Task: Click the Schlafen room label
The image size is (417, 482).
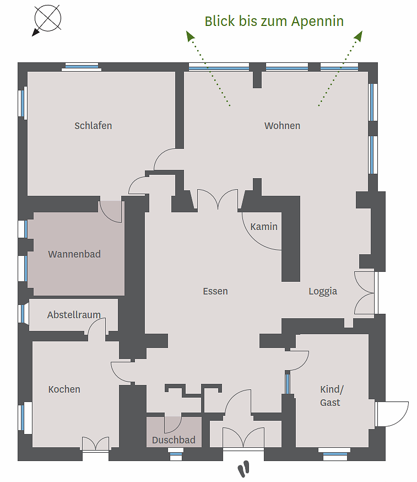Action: coord(93,126)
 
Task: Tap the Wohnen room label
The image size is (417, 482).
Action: coord(282,126)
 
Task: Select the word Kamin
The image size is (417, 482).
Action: coord(264,227)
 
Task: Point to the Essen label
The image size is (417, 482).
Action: coord(215,291)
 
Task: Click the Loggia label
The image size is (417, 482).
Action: coord(323,291)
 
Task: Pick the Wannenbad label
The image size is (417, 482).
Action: coord(74,254)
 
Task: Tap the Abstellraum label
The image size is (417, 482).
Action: coord(74,315)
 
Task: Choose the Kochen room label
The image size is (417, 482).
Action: coord(64,389)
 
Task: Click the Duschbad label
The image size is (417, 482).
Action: coord(174,440)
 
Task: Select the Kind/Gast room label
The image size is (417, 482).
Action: coord(332,396)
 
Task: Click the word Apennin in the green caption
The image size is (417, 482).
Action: coord(317,22)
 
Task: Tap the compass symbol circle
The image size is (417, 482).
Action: coord(48,18)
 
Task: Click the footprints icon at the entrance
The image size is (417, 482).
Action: coord(243,468)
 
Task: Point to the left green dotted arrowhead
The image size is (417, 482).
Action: coord(190,35)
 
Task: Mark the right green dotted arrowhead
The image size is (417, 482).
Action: coord(359,36)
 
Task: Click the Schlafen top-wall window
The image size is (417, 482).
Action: coord(82,67)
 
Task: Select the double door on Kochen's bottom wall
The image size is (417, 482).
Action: coord(95,444)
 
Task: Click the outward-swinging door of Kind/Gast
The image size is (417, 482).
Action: coord(392,414)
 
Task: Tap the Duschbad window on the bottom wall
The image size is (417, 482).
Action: coord(176,454)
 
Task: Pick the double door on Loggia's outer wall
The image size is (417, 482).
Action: coord(364,293)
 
